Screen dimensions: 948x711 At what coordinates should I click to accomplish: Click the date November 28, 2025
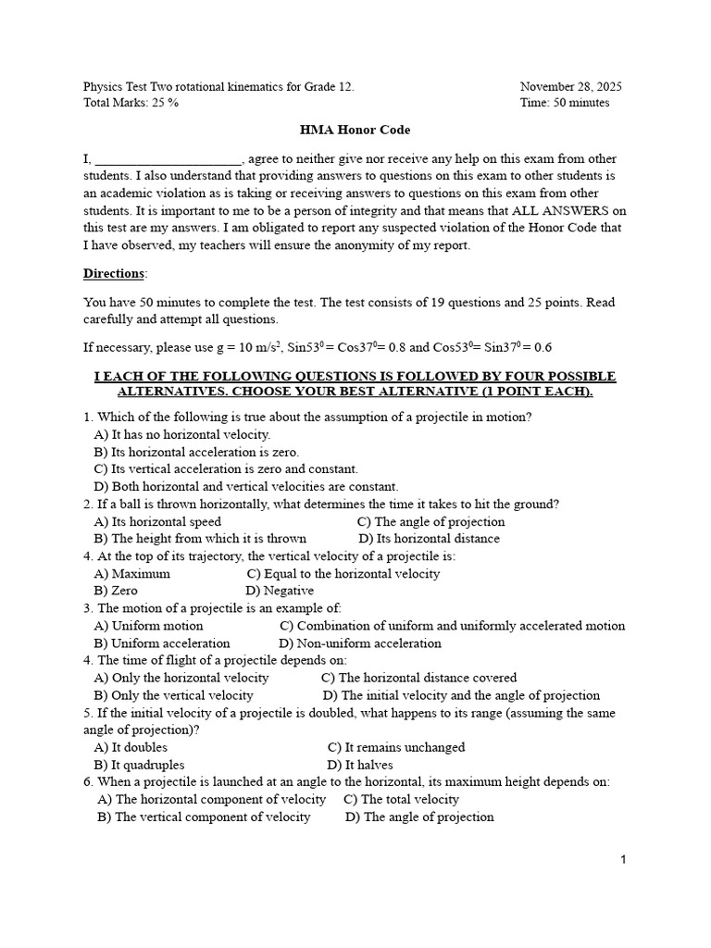click(570, 86)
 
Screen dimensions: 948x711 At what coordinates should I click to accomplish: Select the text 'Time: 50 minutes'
click(564, 103)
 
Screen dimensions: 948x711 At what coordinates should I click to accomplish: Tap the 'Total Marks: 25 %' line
click(131, 103)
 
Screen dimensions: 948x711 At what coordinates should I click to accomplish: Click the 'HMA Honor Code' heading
click(355, 131)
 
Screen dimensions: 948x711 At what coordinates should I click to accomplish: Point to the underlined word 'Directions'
click(115, 273)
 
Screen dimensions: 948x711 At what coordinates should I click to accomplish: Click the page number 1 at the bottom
click(624, 860)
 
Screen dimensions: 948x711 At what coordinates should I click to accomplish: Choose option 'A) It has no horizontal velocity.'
click(182, 434)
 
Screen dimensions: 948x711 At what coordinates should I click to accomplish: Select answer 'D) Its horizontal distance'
click(429, 538)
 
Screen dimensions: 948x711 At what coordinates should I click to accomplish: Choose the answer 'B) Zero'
click(116, 591)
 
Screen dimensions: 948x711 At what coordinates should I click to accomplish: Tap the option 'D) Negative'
click(280, 591)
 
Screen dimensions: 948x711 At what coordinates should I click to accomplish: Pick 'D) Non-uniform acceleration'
click(360, 643)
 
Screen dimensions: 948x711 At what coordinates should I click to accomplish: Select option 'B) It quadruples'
click(139, 765)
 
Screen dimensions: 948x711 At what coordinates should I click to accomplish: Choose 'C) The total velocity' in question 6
click(401, 799)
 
